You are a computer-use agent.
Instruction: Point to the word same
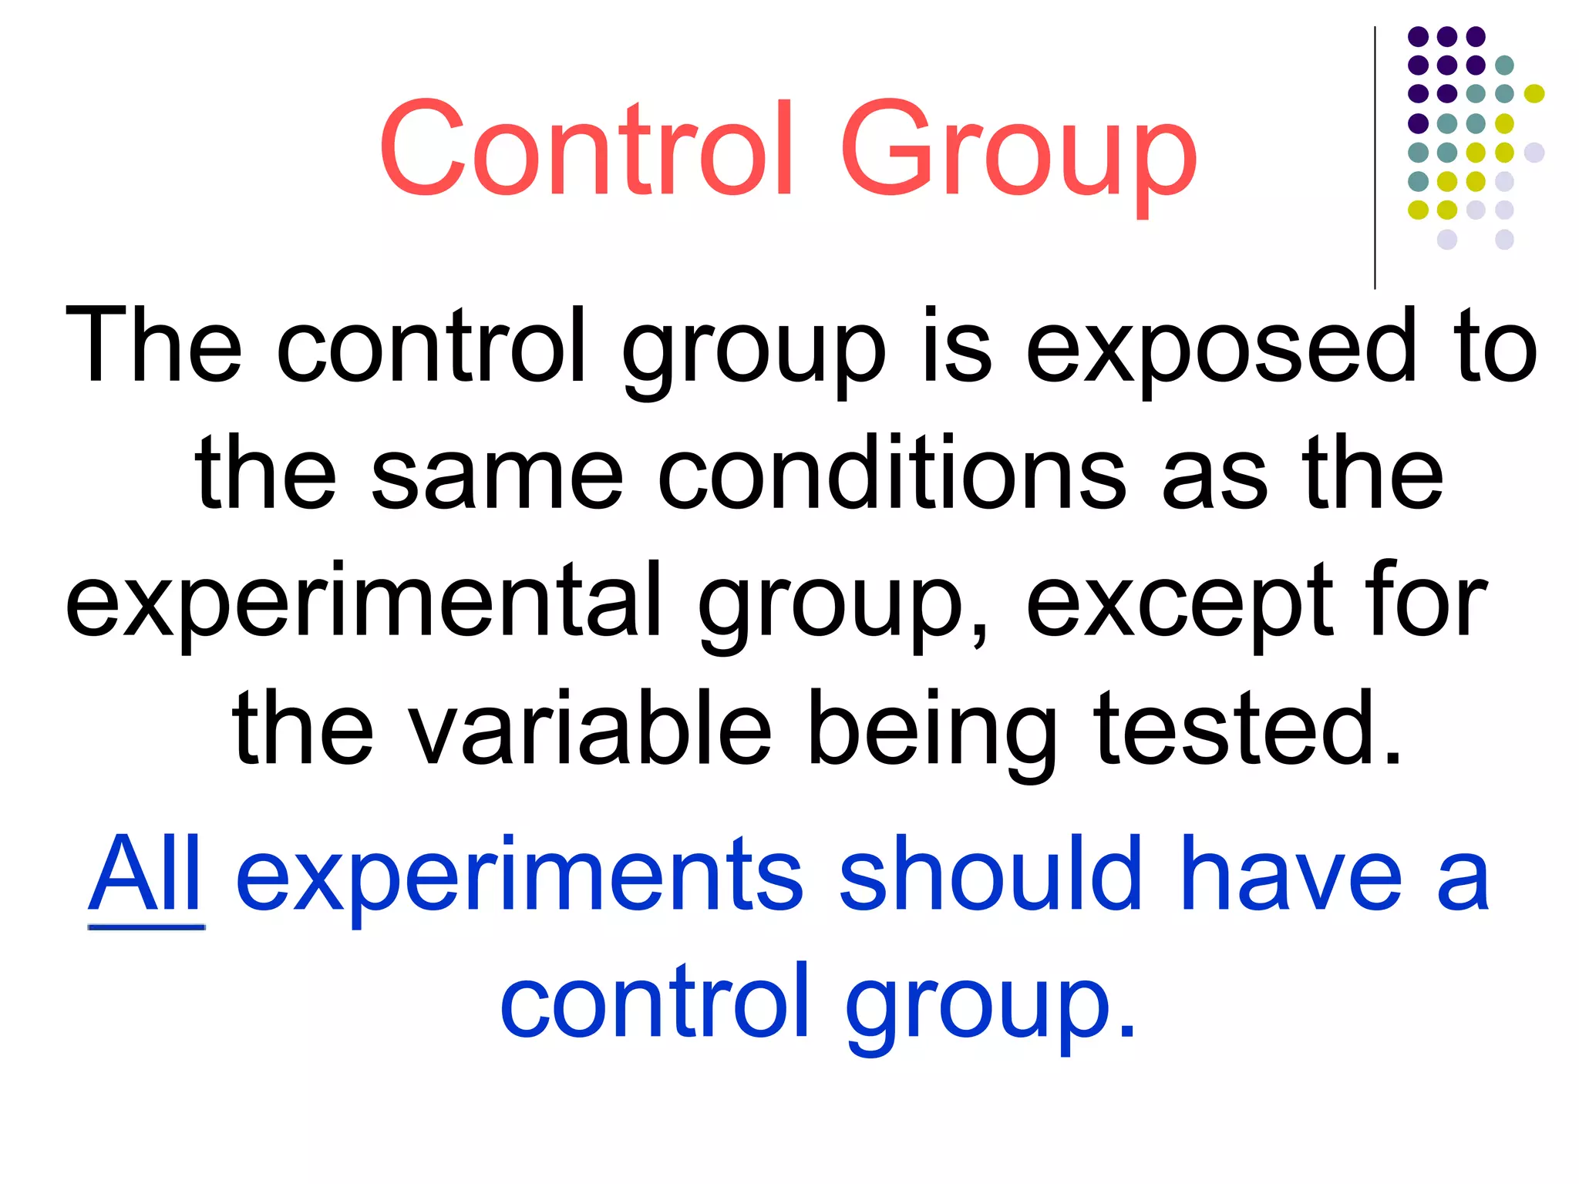pos(497,474)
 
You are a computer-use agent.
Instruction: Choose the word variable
pos(590,728)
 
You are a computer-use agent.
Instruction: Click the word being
pos(932,732)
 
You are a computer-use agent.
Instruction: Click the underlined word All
pos(146,875)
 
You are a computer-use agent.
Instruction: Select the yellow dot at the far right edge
pos(1534,94)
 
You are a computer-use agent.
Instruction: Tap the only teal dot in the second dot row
pos(1504,65)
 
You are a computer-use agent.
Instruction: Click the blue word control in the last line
pos(655,1002)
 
